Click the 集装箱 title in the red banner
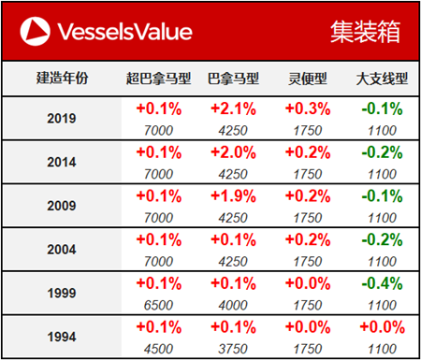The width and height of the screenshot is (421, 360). click(365, 32)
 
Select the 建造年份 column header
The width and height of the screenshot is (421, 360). click(62, 79)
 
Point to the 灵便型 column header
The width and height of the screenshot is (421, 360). click(307, 79)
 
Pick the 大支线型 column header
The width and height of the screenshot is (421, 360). click(381, 79)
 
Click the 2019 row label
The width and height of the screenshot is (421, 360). click(62, 119)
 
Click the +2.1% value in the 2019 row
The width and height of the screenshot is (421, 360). click(234, 109)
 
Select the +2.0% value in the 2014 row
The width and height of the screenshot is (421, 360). click(234, 153)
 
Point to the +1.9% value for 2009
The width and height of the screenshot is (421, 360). click(234, 196)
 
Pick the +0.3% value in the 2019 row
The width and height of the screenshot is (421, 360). click(307, 109)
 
